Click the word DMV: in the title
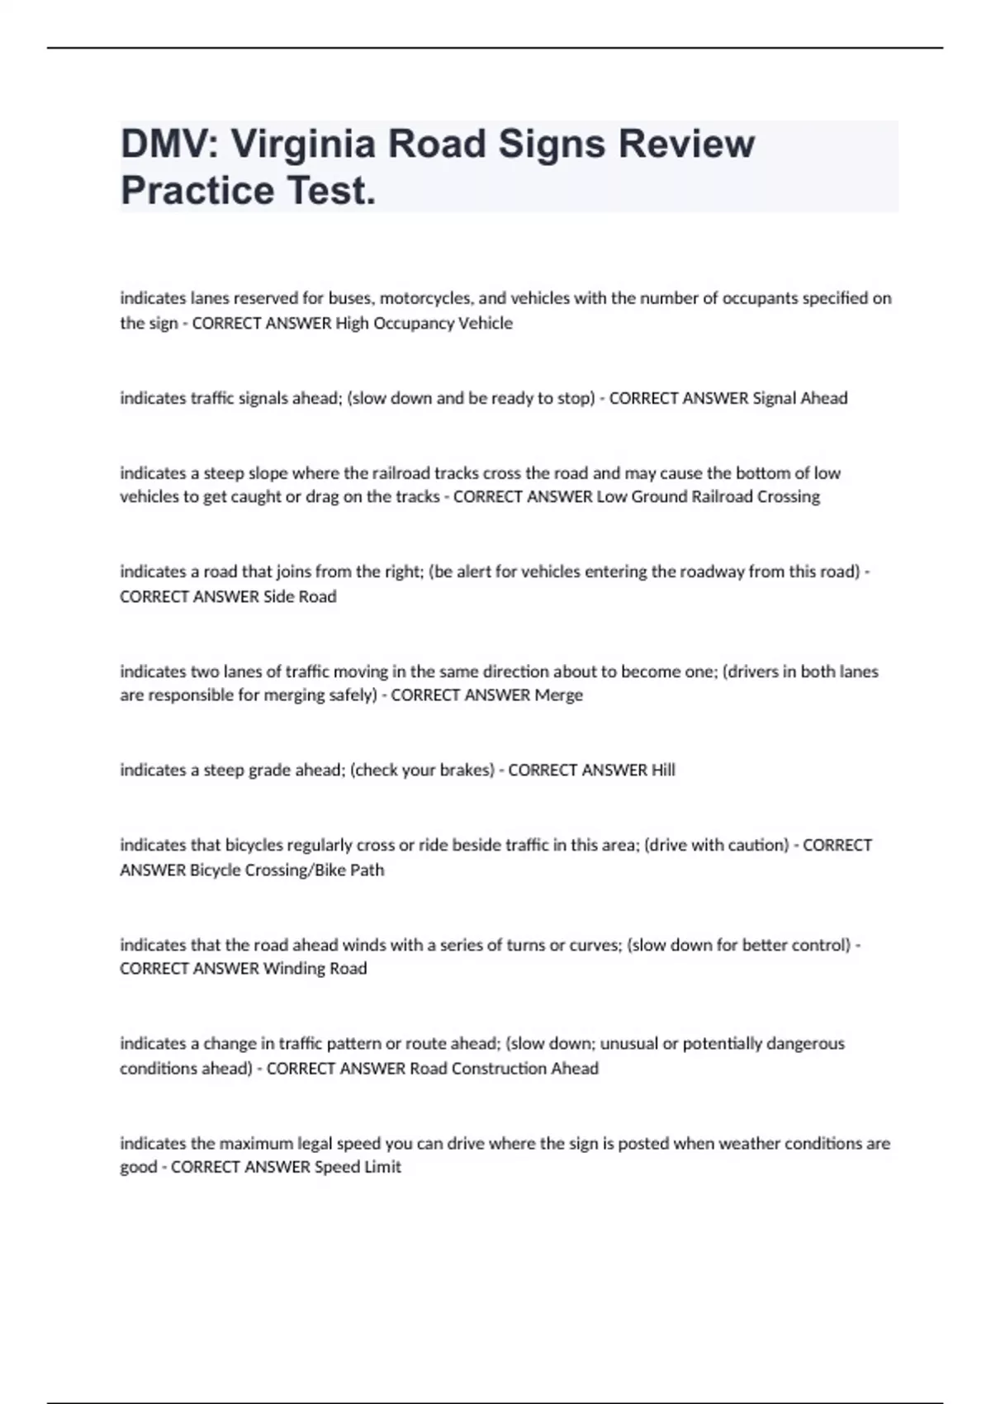168,144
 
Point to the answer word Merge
558,695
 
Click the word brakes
465,770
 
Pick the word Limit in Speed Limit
382,1167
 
